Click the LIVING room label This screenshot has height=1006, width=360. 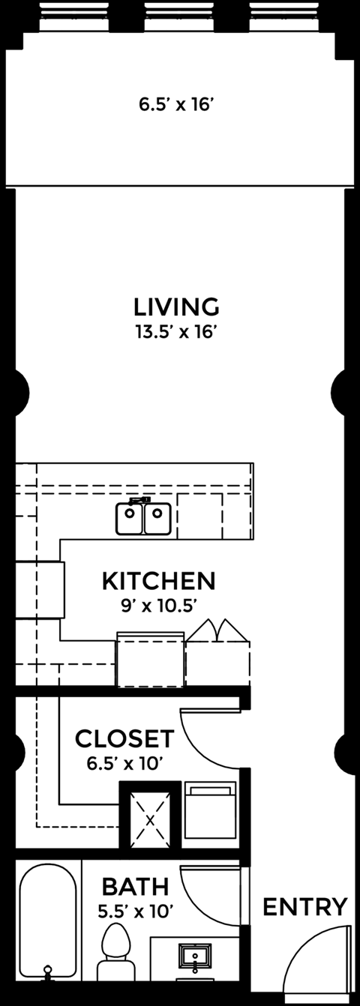177,307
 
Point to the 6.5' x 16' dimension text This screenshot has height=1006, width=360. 175,105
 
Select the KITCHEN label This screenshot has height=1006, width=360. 159,581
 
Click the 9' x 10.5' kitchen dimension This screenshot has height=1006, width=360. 159,606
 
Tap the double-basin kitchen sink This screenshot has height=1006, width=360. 143,517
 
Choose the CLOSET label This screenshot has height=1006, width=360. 124,738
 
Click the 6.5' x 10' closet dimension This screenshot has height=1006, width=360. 124,763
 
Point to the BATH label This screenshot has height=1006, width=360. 135,887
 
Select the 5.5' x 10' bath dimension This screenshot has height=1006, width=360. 136,912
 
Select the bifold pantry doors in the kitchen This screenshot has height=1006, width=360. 217,630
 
